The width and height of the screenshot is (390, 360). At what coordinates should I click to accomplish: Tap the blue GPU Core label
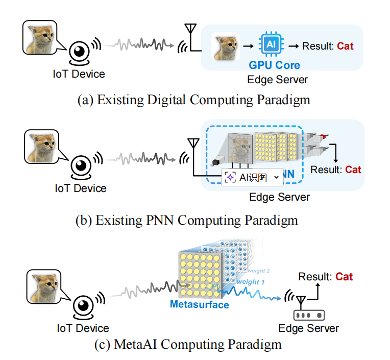click(x=274, y=65)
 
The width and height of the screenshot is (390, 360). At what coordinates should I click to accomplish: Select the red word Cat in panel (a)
click(x=345, y=46)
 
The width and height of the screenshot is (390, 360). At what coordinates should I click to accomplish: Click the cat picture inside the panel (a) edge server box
click(x=226, y=46)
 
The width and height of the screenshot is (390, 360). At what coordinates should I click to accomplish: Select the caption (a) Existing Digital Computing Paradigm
click(x=193, y=99)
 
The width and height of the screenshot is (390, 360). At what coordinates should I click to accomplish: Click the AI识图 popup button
click(x=252, y=177)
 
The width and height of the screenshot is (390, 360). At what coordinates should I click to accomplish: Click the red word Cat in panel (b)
click(x=353, y=170)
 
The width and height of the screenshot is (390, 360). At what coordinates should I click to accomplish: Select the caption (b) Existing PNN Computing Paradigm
click(x=193, y=221)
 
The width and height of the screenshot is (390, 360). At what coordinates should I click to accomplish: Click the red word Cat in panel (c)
click(x=344, y=277)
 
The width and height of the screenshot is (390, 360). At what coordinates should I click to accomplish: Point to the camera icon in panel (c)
click(x=82, y=306)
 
